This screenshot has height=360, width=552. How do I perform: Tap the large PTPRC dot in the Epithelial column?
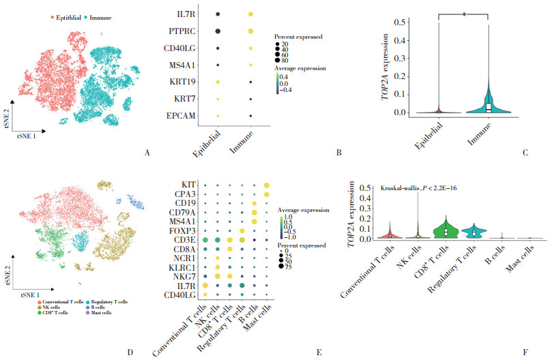pos(218,31)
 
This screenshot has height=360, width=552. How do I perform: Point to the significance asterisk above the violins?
pos(464,12)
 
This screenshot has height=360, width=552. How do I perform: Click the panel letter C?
pos(525,153)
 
